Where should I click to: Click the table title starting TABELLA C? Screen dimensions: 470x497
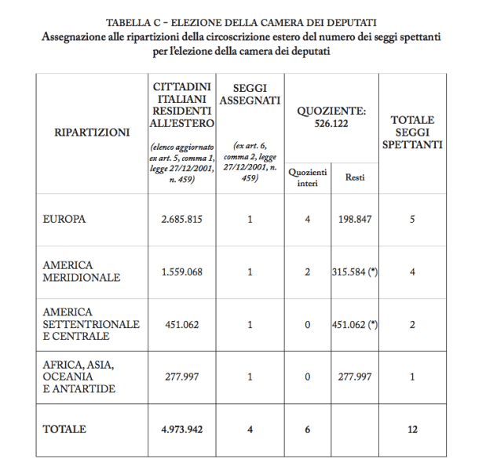[x=248, y=21]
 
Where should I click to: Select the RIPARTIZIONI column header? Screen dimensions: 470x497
[x=92, y=133]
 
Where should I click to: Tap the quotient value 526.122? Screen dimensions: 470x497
[x=332, y=123]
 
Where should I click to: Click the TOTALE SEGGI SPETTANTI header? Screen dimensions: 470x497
[x=412, y=132]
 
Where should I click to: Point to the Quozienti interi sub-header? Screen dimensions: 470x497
[x=308, y=177]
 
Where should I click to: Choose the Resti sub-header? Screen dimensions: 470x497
[x=355, y=177]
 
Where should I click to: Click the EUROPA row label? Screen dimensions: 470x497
[x=64, y=219]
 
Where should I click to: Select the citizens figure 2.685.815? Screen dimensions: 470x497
[x=182, y=219]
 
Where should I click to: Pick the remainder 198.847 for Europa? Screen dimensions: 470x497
[x=355, y=219]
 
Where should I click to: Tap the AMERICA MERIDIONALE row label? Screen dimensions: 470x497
[x=82, y=271]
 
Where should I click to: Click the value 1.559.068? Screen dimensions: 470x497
[x=182, y=271]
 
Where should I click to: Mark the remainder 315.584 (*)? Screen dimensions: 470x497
[x=355, y=271]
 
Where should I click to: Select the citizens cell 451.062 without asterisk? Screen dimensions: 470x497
[x=182, y=324]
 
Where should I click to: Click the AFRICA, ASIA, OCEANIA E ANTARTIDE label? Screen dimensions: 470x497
[x=79, y=377]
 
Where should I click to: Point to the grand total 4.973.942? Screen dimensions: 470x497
[x=182, y=429]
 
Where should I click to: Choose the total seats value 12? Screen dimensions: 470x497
[x=412, y=429]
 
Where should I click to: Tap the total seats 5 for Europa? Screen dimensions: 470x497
[x=412, y=219]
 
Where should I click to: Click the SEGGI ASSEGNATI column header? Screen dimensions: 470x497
[x=249, y=94]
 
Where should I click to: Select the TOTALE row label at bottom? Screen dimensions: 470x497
[x=64, y=429]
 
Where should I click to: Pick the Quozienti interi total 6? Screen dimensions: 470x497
[x=308, y=429]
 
